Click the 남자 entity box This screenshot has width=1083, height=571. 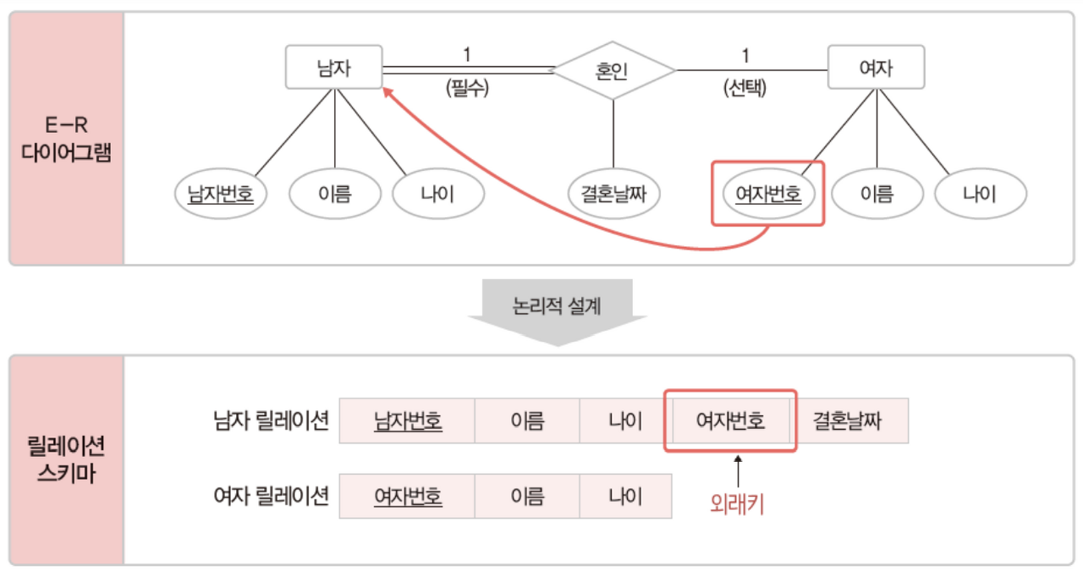click(333, 68)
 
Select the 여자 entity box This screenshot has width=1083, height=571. click(876, 68)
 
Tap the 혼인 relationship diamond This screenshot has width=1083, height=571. click(613, 70)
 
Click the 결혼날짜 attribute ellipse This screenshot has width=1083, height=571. click(613, 195)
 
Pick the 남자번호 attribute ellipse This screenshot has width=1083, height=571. click(220, 195)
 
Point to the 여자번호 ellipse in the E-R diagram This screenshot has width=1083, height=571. click(768, 195)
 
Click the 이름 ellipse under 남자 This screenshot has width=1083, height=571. click(335, 195)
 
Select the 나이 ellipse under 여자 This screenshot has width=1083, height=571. click(980, 195)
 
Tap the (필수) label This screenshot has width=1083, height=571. click(467, 87)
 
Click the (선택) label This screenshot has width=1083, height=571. click(745, 87)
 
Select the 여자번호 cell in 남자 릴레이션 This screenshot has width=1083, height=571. click(730, 420)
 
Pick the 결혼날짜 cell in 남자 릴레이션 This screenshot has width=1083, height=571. click(848, 420)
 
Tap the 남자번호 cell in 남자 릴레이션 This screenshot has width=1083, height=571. click(408, 420)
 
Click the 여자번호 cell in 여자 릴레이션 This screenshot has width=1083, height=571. click(408, 496)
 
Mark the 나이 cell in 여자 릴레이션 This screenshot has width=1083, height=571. click(625, 496)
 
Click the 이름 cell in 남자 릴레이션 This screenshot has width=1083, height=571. click(526, 420)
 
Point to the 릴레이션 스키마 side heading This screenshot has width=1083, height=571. click(67, 459)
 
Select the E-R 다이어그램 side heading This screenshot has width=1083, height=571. click(67, 140)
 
